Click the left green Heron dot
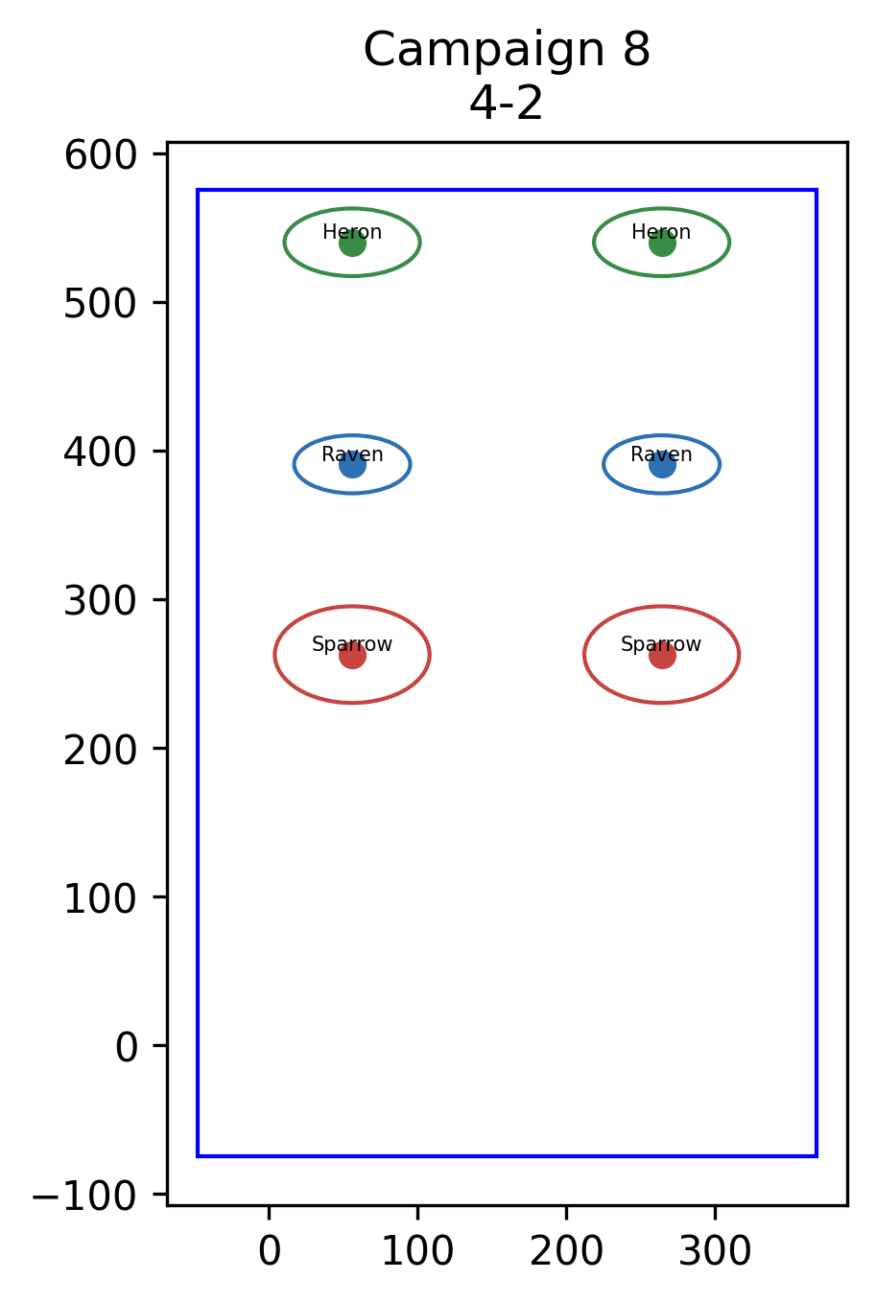pyautogui.click(x=352, y=243)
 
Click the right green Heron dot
pyautogui.click(x=662, y=243)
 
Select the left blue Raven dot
pyautogui.click(x=352, y=464)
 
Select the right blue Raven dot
pyautogui.click(x=662, y=464)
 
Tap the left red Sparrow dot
pyautogui.click(x=352, y=655)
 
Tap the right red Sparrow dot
pyautogui.click(x=662, y=655)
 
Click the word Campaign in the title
pyautogui.click(x=484, y=51)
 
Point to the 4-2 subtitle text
pyautogui.click(x=506, y=104)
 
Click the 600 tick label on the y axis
pyautogui.click(x=101, y=155)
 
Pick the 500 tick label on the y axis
pyautogui.click(x=101, y=303)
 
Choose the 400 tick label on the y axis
pyautogui.click(x=101, y=452)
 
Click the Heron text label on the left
pyautogui.click(x=352, y=232)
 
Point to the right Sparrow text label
pyautogui.click(x=661, y=644)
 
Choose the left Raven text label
pyautogui.click(x=352, y=453)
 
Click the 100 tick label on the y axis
pyautogui.click(x=101, y=898)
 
